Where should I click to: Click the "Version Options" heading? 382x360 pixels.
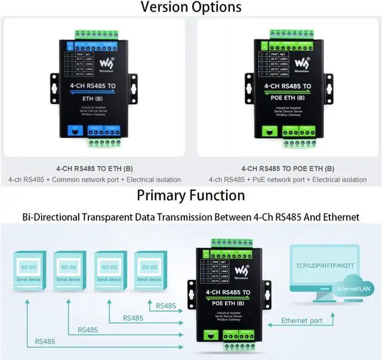point(191,7)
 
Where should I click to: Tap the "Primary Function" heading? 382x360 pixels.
point(191,195)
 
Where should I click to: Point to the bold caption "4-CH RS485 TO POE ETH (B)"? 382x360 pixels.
point(288,169)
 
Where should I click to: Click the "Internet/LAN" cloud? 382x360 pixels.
point(351,289)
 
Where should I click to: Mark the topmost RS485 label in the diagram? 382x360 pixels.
point(166,306)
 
